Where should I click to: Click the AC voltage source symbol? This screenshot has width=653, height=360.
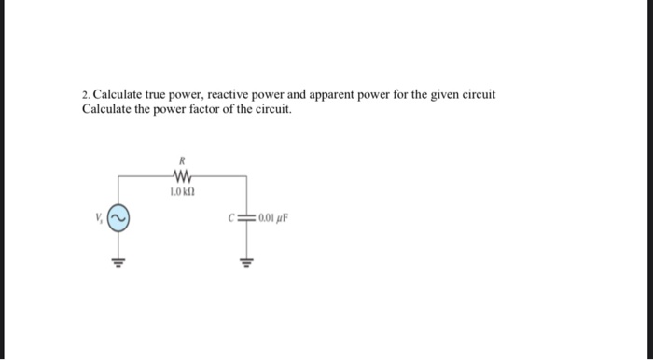pos(119,220)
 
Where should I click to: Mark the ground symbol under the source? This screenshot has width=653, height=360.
pos(119,261)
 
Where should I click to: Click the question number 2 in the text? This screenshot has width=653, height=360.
pos(85,94)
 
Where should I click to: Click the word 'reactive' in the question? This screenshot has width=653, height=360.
pos(243,94)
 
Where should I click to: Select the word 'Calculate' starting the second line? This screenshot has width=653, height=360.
pos(107,109)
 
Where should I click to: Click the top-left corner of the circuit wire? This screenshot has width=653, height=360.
pos(119,175)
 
